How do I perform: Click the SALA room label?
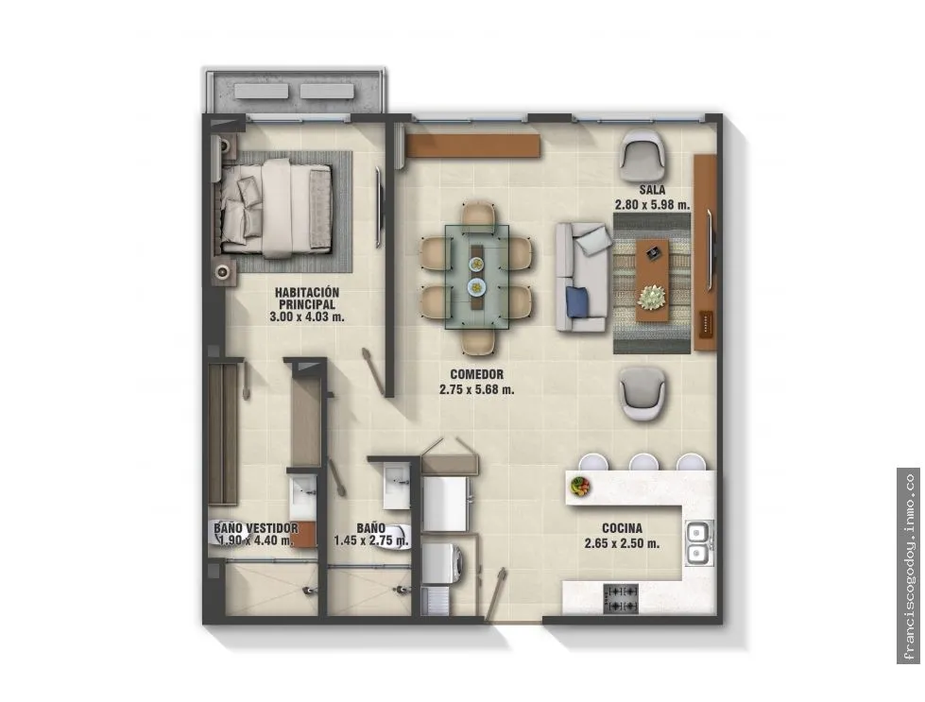pos(652,190)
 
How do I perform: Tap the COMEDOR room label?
pos(476,374)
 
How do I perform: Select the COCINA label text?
pos(622,528)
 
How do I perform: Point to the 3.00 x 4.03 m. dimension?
pos(307,317)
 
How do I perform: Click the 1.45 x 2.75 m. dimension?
pos(371,540)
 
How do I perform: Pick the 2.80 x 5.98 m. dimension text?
pos(652,205)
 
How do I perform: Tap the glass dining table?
pos(476,277)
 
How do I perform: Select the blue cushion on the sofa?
pos(577,302)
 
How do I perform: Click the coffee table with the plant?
pos(652,281)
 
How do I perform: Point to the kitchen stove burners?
pos(621,598)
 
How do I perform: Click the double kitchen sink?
pos(698,543)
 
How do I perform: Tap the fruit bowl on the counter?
pos(580,486)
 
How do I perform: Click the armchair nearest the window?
pos(643,156)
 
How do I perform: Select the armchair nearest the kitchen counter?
pos(642,393)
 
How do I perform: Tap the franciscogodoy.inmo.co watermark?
pos(909,566)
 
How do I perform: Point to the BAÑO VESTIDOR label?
pos(256,528)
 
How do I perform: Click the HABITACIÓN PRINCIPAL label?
pos(307,299)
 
